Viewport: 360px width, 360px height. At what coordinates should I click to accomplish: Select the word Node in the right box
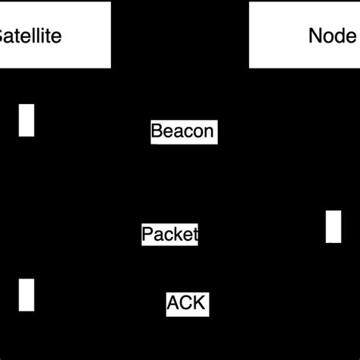coord(332,36)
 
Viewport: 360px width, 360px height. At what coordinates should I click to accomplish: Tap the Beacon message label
coord(183,131)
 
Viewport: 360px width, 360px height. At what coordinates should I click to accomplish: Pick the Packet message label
coord(170,234)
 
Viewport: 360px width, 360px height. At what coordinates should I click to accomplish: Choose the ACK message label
coord(186,304)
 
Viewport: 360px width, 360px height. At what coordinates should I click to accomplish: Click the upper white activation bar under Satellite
coord(27,120)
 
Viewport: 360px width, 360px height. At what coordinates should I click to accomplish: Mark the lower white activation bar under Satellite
coord(27,295)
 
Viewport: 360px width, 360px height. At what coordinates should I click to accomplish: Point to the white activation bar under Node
coord(333,226)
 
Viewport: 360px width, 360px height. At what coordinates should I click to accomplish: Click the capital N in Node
coord(315,36)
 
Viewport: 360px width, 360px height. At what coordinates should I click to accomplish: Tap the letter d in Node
coord(339,36)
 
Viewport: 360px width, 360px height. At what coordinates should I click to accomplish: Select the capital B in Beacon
coord(157,131)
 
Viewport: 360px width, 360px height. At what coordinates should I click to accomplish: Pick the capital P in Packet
coord(147,234)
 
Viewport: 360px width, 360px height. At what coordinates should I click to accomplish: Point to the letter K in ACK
coord(198,304)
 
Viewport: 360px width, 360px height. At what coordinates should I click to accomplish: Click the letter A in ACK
coord(174,304)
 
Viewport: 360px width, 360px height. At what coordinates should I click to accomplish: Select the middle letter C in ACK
coord(186,304)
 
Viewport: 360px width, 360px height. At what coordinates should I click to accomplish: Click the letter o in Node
coord(328,36)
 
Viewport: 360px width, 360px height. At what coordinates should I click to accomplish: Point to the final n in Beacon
coord(209,131)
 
